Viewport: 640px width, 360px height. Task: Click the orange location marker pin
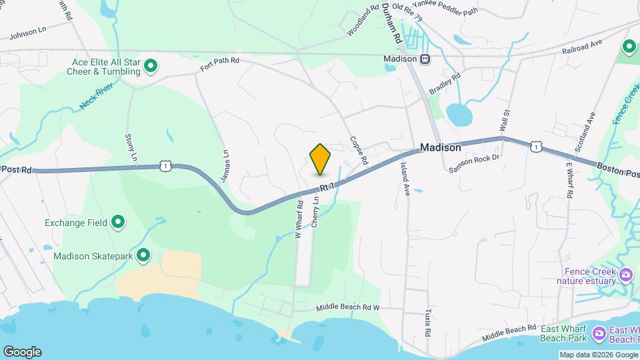(320, 158)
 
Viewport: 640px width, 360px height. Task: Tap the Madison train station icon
(425, 59)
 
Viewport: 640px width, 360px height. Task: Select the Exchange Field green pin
(119, 222)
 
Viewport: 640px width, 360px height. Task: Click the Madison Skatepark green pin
(143, 255)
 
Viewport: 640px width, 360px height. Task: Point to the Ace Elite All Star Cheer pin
(151, 65)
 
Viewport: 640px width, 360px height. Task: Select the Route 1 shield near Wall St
(536, 146)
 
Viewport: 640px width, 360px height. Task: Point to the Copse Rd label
(359, 151)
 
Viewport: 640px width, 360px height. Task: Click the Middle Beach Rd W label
(347, 308)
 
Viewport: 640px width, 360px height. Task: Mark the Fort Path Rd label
(219, 64)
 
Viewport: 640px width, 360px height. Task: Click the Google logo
(22, 351)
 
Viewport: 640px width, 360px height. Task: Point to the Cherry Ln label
(315, 213)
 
